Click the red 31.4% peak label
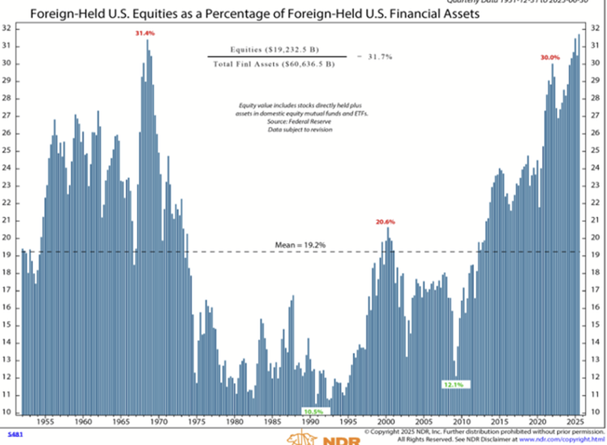click(145, 33)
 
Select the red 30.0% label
click(550, 57)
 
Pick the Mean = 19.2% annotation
click(300, 245)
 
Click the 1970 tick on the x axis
click(159, 422)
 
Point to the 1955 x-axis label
click(45, 422)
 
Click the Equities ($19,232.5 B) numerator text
click(275, 50)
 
